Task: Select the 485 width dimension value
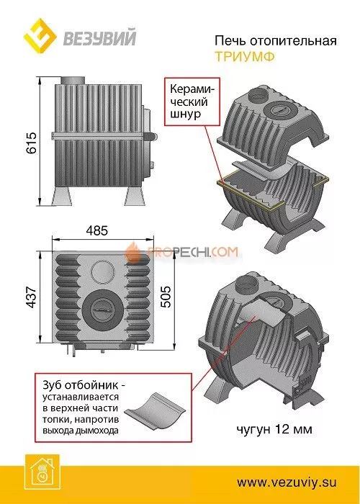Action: point(97,231)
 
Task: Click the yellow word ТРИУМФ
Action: point(245,57)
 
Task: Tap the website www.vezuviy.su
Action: point(287,482)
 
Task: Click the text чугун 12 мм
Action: point(274,429)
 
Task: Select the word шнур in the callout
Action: point(185,114)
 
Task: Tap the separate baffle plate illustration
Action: point(153,410)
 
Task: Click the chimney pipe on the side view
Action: point(73,81)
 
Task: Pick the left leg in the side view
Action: point(63,195)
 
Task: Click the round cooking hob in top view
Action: point(102,309)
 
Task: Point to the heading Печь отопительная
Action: point(276,41)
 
